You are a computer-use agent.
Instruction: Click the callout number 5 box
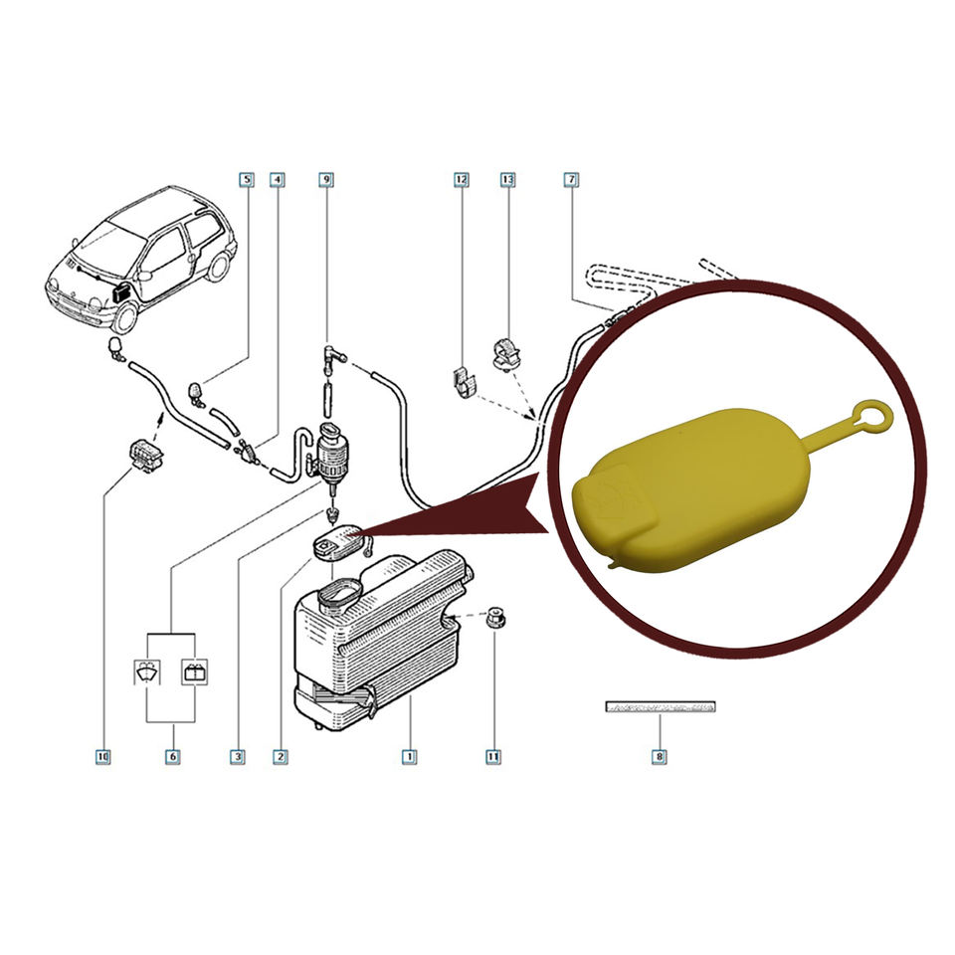[x=246, y=180]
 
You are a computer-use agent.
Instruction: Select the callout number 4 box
[x=278, y=180]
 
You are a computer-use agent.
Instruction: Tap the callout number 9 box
[x=325, y=180]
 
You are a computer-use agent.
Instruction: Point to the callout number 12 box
[x=461, y=180]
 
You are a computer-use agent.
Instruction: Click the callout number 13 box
[x=507, y=180]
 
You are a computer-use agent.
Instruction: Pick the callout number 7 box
[x=571, y=180]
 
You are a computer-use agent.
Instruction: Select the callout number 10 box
[x=102, y=757]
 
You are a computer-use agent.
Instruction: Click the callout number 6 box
[x=172, y=757]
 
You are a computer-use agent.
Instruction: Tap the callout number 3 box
[x=237, y=757]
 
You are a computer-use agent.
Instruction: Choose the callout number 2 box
[x=281, y=757]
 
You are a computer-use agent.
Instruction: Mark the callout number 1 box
[x=408, y=757]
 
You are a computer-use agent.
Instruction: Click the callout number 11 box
[x=492, y=757]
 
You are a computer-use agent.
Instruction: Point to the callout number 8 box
[x=659, y=757]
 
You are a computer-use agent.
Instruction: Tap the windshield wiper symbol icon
[x=150, y=672]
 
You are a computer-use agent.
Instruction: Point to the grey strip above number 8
[x=661, y=707]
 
